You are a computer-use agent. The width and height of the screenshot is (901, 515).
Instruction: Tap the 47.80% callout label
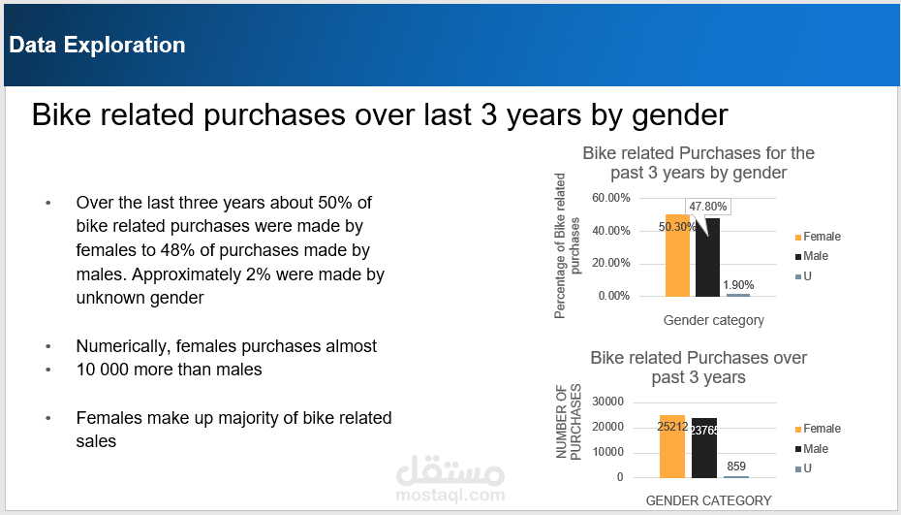pos(709,206)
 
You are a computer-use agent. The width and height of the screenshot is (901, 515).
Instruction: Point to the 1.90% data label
pos(737,285)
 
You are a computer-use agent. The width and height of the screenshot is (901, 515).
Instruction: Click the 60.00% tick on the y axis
pos(611,198)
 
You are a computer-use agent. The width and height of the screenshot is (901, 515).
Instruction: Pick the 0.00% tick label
pos(614,296)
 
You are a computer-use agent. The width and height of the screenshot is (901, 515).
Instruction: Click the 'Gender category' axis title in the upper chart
pos(713,320)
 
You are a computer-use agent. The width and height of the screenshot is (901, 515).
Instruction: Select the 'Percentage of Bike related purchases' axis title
pos(567,246)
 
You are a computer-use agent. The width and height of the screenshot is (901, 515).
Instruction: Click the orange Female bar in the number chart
pos(672,451)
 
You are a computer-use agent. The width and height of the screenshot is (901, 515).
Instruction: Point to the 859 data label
pos(736,467)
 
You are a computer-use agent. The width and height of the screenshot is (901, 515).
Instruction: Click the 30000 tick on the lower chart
pos(607,402)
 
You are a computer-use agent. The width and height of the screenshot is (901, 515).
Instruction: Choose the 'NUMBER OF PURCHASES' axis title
pos(568,423)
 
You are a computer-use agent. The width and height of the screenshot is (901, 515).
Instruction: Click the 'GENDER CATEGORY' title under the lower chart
pos(708,500)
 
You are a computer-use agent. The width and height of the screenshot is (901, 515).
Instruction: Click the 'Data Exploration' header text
pos(97,45)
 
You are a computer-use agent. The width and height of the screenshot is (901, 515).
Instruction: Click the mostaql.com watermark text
pos(450,494)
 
